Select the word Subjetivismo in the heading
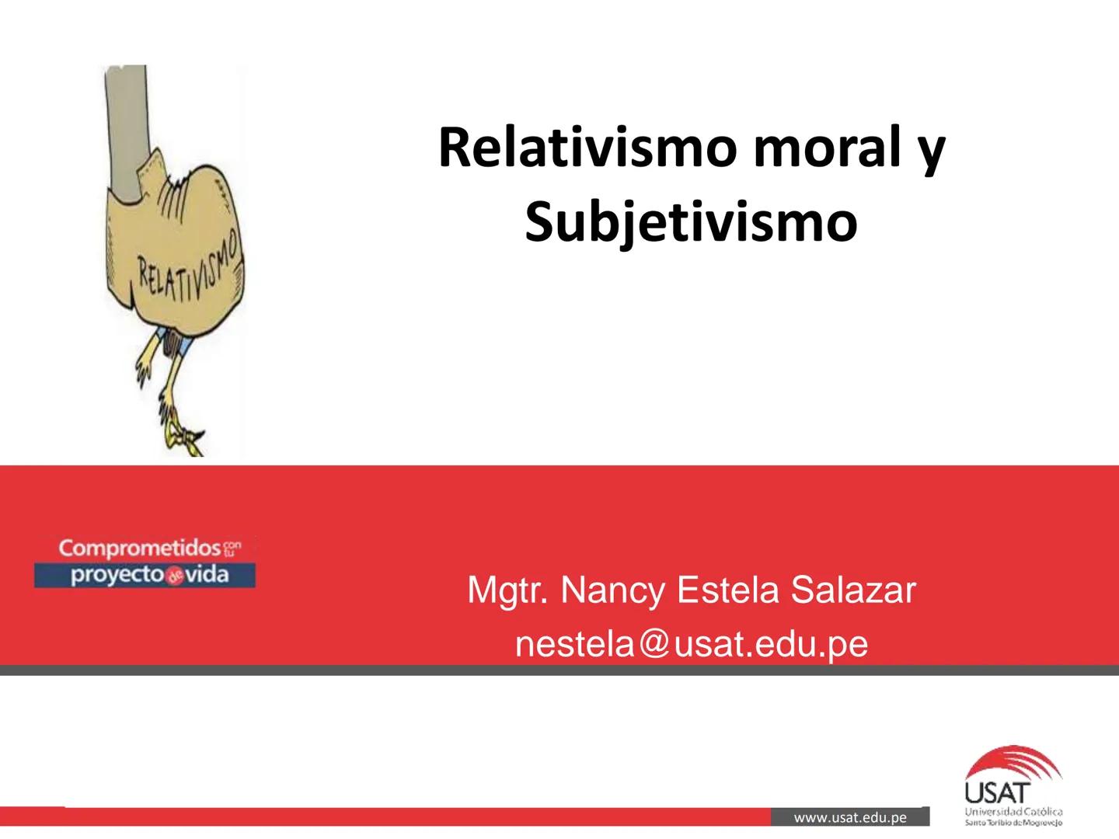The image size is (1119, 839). [691, 222]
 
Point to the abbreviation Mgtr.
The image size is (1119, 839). [507, 592]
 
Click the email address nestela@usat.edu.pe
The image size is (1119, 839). [691, 644]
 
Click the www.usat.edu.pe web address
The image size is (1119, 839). [850, 817]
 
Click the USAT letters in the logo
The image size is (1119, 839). [997, 793]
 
